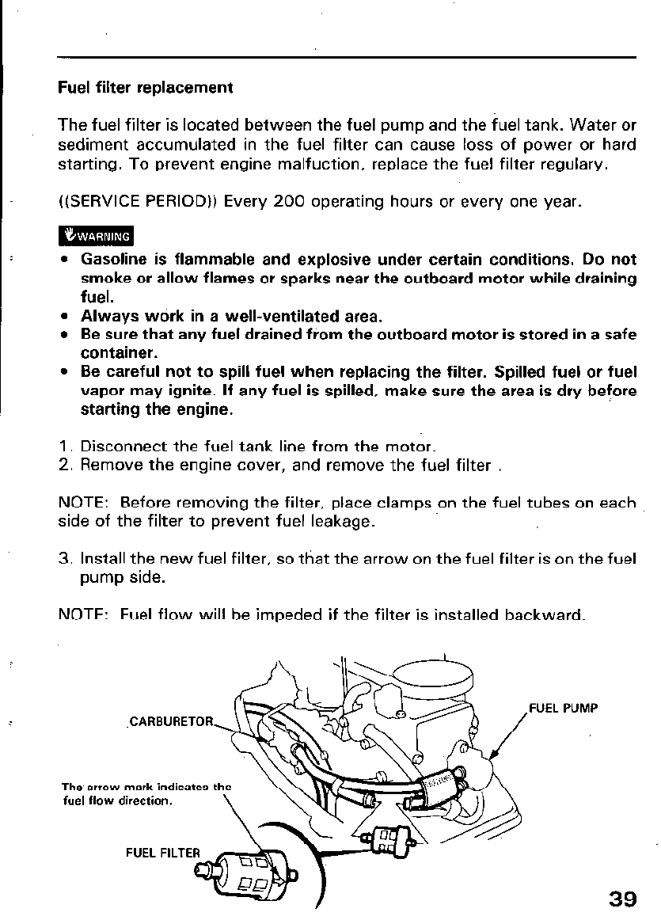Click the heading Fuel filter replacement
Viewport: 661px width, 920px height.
[146, 87]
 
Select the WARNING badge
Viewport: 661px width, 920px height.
[97, 236]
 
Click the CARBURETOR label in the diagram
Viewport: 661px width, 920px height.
[171, 721]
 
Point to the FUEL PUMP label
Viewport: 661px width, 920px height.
[563, 707]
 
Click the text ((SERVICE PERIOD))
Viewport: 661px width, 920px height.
[139, 201]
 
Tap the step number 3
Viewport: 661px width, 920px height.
[65, 559]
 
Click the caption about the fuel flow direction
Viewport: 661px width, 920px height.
[145, 793]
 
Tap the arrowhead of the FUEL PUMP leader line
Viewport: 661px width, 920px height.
[493, 758]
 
